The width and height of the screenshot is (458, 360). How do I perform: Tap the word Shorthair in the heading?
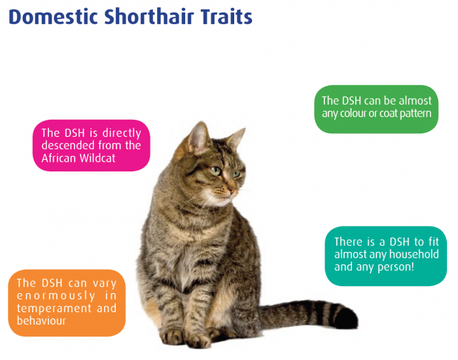pos(149,17)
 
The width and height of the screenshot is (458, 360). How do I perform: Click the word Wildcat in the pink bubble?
pos(97,158)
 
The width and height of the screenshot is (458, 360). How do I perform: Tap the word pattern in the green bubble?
pos(415,114)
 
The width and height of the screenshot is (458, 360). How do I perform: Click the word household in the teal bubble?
pos(414,254)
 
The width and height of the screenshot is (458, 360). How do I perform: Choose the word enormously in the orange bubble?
pos(56,296)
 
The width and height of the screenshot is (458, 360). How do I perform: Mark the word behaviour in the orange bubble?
pos(41,321)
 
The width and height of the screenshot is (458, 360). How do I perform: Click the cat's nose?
pos(232,191)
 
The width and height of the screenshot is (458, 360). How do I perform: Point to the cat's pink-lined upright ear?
pos(198,138)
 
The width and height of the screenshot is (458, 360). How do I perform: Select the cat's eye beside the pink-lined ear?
pos(215,170)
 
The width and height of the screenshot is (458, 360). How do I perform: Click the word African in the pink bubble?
pos(58,158)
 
